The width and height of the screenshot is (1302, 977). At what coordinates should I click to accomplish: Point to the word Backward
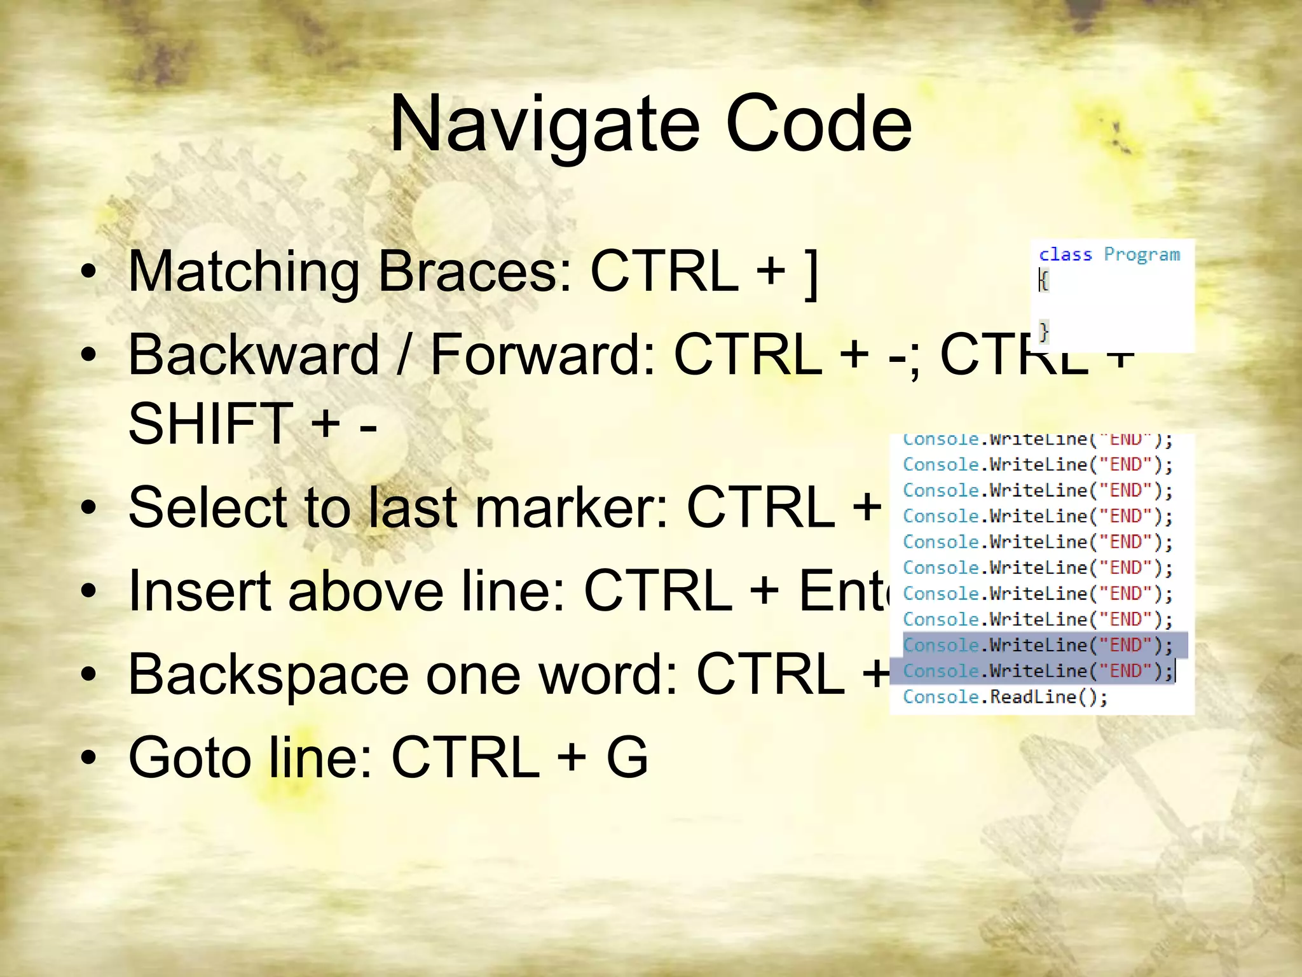tap(254, 355)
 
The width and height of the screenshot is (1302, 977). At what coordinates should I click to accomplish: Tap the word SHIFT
tap(210, 424)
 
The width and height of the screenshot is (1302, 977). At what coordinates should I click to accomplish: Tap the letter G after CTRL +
tap(627, 758)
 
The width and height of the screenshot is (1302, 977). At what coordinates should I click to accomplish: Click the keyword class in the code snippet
tap(1066, 254)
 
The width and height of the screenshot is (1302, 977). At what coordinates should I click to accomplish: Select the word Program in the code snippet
tap(1142, 254)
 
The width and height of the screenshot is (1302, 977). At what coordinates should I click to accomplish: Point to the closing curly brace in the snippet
tap(1044, 331)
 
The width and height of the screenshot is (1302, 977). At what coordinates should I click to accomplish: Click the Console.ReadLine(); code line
tap(1005, 697)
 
